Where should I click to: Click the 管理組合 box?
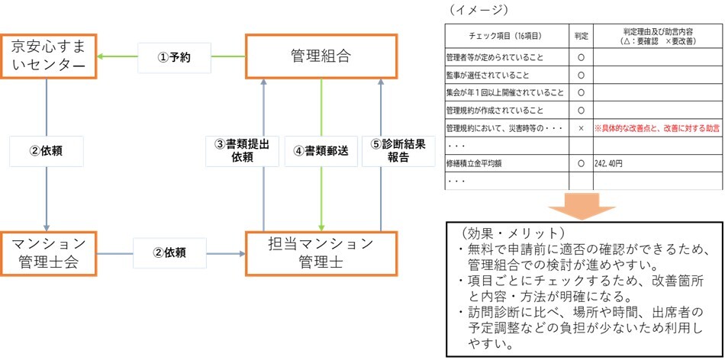321,56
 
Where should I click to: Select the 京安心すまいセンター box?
49,56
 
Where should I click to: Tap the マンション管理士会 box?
49,248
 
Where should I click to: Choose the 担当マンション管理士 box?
321,248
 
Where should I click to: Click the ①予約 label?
174,56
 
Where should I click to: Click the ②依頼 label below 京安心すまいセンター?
47,151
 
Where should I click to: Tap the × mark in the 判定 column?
581,128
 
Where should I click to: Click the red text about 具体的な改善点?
657,128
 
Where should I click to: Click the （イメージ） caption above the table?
478,9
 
